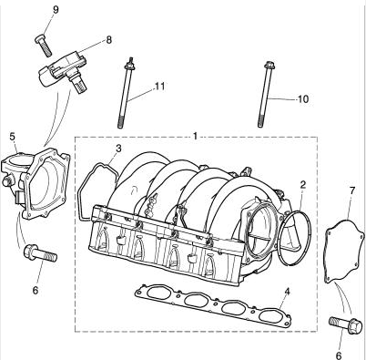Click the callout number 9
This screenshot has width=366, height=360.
pyautogui.click(x=56, y=10)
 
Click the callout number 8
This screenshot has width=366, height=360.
pyautogui.click(x=108, y=40)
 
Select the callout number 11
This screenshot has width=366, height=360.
pyautogui.click(x=160, y=87)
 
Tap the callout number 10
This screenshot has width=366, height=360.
pyautogui.click(x=303, y=99)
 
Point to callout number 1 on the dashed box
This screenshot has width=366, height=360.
pyautogui.click(x=196, y=136)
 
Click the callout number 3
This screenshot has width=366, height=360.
pyautogui.click(x=118, y=149)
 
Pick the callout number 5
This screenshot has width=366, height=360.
pyautogui.click(x=12, y=137)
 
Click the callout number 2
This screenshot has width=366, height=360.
pyautogui.click(x=303, y=184)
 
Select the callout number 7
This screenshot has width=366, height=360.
pyautogui.click(x=352, y=190)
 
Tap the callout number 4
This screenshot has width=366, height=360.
pyautogui.click(x=287, y=292)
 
